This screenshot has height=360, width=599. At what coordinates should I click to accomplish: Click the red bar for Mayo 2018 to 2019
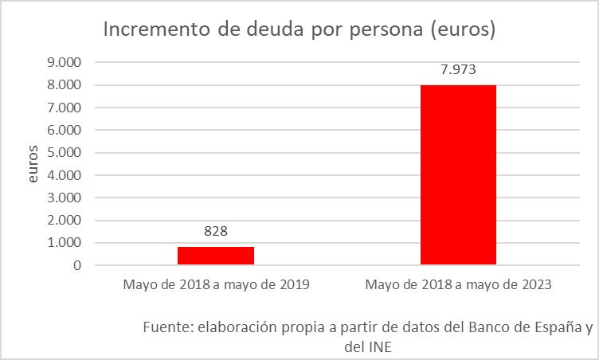click(215, 256)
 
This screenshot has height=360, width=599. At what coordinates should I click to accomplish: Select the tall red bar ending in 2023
click(458, 174)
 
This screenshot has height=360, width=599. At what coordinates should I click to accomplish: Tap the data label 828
click(215, 232)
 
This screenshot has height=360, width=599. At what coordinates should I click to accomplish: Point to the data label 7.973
click(458, 69)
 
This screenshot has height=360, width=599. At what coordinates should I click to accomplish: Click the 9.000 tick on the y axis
click(66, 62)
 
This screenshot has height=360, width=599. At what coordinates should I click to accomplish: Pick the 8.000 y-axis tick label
click(66, 85)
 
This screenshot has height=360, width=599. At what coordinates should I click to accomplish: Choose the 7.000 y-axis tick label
click(66, 108)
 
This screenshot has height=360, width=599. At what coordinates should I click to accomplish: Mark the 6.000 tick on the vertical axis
click(66, 130)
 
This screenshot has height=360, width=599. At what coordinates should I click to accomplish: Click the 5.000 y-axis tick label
click(66, 153)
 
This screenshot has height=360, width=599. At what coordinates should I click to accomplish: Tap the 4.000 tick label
click(66, 175)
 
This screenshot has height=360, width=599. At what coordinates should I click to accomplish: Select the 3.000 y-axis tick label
click(66, 198)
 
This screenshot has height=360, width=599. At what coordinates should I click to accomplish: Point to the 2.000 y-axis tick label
click(66, 221)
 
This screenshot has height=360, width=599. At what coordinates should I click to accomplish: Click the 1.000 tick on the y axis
click(66, 243)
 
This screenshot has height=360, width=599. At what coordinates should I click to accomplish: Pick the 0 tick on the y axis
click(77, 265)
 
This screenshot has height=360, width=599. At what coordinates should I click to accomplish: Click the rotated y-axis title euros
click(33, 164)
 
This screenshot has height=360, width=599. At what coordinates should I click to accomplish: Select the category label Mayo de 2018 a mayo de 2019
click(215, 284)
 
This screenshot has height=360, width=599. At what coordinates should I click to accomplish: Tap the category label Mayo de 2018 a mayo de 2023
click(458, 284)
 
